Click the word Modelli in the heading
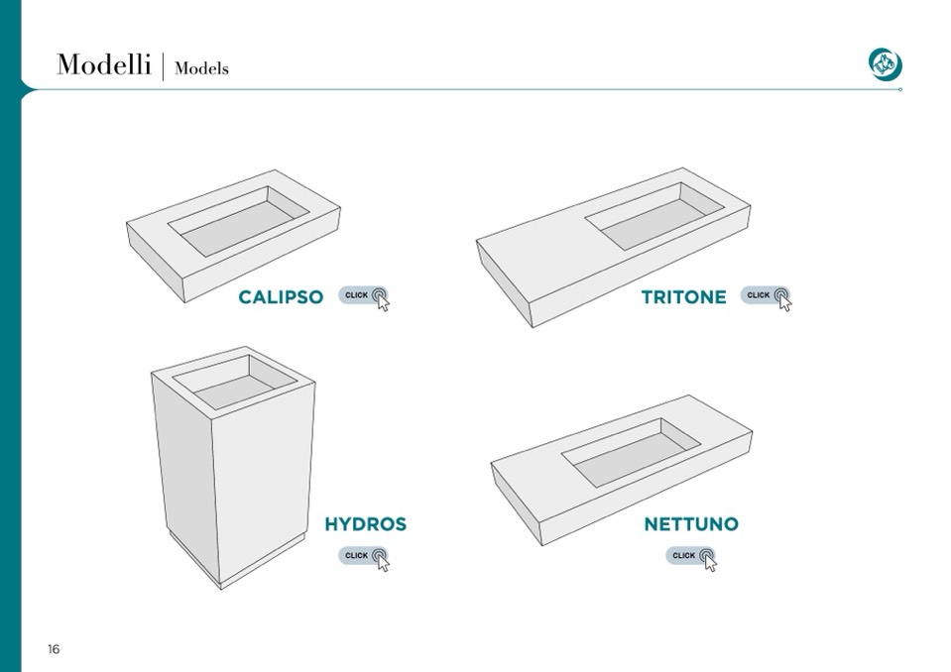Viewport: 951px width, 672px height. (103, 64)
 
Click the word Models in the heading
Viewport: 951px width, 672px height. (201, 68)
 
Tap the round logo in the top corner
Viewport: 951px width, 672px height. (885, 63)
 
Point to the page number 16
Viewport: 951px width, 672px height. (54, 649)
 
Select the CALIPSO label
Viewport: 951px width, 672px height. (281, 296)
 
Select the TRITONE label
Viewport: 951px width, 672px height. (683, 296)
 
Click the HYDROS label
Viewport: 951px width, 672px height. (365, 523)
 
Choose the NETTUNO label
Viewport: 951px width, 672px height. (691, 523)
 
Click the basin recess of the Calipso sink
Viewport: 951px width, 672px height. (241, 225)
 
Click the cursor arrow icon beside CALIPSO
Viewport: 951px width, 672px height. (383, 302)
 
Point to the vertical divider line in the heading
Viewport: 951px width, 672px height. (163, 66)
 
